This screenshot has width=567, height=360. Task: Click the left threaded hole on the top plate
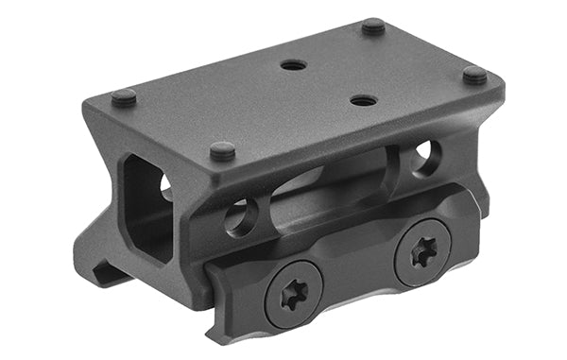tap(294, 66)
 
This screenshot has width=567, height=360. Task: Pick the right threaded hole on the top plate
tap(364, 99)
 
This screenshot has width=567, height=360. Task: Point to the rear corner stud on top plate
tap(374, 27)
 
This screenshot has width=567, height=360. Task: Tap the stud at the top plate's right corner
tap(474, 75)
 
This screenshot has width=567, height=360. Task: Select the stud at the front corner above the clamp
tap(223, 150)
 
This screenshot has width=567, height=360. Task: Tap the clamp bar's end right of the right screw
tap(468, 231)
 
